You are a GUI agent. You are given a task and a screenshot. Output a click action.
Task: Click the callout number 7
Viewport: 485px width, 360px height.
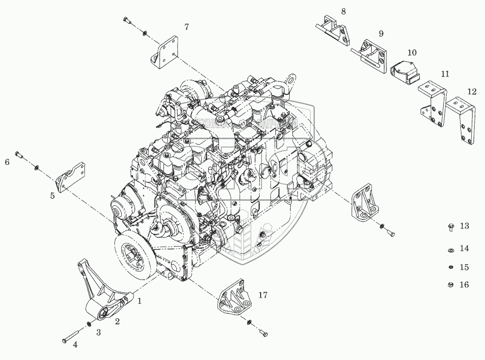click(187, 27)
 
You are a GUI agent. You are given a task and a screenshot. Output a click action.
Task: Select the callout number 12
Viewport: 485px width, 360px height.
click(472, 91)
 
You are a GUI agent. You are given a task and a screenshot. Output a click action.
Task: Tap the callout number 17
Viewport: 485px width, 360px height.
click(263, 295)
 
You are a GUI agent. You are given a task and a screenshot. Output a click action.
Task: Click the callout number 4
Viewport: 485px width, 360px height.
click(75, 345)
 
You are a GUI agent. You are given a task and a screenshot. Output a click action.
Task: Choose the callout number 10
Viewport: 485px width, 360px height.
click(412, 52)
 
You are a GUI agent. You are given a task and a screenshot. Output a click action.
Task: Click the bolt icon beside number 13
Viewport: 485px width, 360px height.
click(450, 226)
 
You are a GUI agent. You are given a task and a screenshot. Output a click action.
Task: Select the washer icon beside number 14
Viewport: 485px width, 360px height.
click(450, 250)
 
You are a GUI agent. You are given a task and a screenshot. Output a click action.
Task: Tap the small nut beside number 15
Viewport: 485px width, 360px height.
click(450, 267)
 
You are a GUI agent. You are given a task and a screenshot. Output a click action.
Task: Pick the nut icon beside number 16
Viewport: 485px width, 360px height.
click(450, 284)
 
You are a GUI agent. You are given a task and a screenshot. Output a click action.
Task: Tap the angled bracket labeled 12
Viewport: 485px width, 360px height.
click(464, 120)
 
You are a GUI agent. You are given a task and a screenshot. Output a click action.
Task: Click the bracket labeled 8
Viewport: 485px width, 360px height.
click(334, 27)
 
